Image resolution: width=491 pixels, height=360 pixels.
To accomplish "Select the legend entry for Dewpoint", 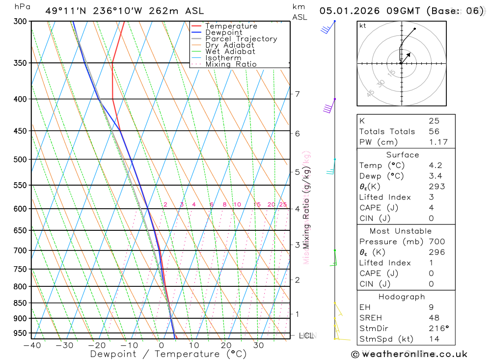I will coord(223,32).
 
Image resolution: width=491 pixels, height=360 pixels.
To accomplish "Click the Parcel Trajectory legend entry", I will coord(241,39).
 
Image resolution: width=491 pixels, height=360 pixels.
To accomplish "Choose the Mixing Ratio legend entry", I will coord(231,64).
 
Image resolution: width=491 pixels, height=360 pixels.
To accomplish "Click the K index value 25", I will coord(434,121).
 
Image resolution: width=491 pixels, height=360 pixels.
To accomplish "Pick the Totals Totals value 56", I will coord(434,132).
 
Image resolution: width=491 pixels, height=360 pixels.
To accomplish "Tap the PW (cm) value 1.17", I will coord(437,142).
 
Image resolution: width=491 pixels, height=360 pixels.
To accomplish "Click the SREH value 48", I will coord(434,318).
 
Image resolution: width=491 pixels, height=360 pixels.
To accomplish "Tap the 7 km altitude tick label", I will coord(297,94).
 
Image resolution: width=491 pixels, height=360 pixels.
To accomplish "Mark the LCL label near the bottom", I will coord(306,336).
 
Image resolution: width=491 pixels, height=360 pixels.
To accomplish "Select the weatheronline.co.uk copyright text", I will coord(409,354).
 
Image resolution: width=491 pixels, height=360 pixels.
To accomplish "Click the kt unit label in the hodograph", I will coord(363,26).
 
